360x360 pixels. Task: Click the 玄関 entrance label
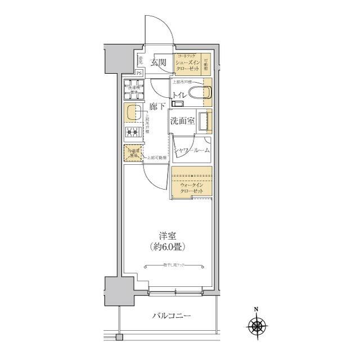point(158,62)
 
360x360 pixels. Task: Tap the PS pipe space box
point(139,73)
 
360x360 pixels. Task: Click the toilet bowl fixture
point(197,93)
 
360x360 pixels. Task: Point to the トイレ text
point(180,95)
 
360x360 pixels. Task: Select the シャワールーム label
point(191,150)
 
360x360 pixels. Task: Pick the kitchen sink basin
point(131,112)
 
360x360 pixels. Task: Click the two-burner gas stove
point(132,133)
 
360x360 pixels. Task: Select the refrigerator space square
point(133,152)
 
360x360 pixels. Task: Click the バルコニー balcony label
point(172,316)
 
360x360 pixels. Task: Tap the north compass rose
point(256,325)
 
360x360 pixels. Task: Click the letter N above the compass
point(256,309)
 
